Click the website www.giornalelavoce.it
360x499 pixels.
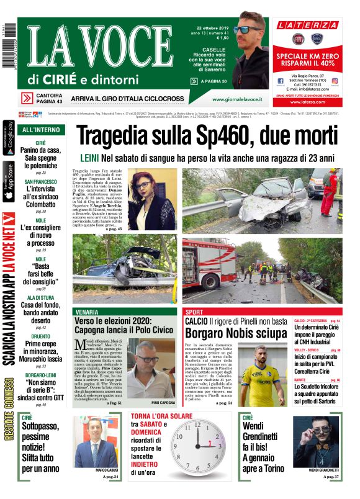point(236,99)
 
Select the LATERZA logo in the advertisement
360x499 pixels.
point(308,25)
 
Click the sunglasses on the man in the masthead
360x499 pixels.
point(248,29)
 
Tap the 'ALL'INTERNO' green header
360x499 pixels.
point(40,130)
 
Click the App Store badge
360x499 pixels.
point(8,182)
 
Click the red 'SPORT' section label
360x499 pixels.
point(194,312)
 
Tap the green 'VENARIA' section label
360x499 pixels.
point(87,312)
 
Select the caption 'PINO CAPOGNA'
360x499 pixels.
point(163,403)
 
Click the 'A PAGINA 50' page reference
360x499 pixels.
point(211,81)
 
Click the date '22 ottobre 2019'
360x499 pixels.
point(213,28)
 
